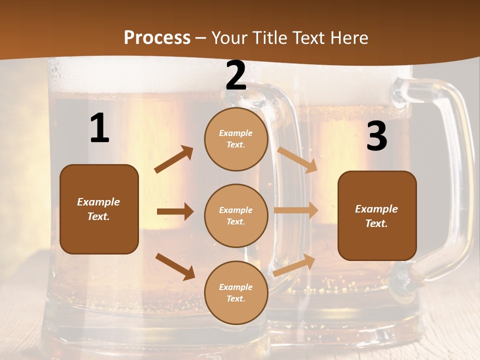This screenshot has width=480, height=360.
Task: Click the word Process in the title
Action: pos(157,38)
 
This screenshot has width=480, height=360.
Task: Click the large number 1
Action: pos(99,128)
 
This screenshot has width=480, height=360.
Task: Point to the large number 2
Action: pos(236,76)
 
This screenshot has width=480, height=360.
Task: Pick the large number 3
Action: pos(376,136)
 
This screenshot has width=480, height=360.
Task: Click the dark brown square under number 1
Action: pos(99,209)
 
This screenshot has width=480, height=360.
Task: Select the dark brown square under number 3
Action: pos(377,215)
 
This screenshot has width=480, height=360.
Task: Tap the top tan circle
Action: pos(236,139)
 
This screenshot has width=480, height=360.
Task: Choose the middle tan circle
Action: pos(236,215)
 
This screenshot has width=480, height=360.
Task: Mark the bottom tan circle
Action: pos(236,292)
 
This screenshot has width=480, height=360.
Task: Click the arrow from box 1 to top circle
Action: pos(174,159)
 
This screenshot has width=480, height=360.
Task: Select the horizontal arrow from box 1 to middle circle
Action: pos(175,211)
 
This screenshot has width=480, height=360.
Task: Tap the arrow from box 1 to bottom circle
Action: pos(175,266)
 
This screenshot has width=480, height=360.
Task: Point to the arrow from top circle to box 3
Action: pos(297,159)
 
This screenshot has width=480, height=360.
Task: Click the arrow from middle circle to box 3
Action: pos(296,210)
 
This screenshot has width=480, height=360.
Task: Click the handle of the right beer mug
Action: pos(452,175)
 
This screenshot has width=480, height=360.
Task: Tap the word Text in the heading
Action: pos(310,38)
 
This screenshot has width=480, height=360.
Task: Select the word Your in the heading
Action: pos(229,38)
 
